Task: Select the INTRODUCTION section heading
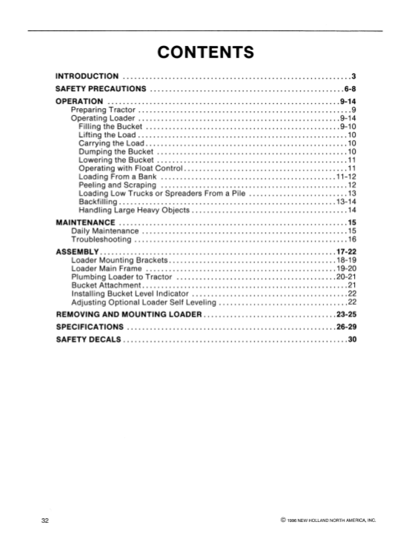87,76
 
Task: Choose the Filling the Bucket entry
110,126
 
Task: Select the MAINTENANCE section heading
86,222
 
